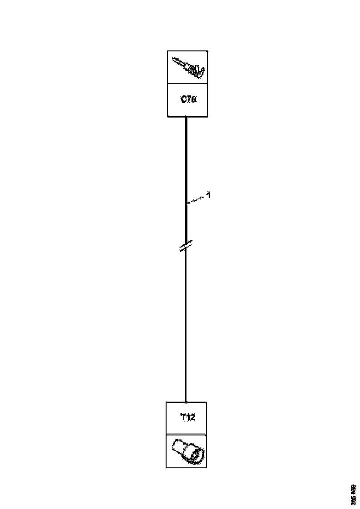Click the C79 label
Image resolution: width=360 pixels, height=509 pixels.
(x=188, y=99)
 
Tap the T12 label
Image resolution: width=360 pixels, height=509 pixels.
(x=187, y=417)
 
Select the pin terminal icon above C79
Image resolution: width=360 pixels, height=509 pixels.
(x=188, y=67)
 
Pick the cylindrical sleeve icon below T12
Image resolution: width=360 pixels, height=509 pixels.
(x=187, y=451)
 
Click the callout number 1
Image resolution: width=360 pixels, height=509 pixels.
(x=209, y=196)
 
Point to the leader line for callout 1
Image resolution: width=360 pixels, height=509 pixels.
(x=196, y=199)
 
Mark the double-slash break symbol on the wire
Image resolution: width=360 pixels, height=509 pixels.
(x=186, y=246)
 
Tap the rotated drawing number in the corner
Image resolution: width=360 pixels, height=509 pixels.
(x=354, y=494)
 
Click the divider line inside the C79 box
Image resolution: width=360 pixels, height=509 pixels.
(x=188, y=84)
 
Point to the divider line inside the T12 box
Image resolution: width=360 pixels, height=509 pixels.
(x=186, y=435)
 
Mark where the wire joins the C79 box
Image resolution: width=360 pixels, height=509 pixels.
(x=186, y=117)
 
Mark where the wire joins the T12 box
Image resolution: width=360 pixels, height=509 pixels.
(x=186, y=402)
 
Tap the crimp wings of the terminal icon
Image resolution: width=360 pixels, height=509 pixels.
(x=199, y=71)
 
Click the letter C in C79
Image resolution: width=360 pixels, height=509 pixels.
(x=183, y=99)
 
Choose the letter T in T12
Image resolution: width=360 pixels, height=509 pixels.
(x=182, y=417)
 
